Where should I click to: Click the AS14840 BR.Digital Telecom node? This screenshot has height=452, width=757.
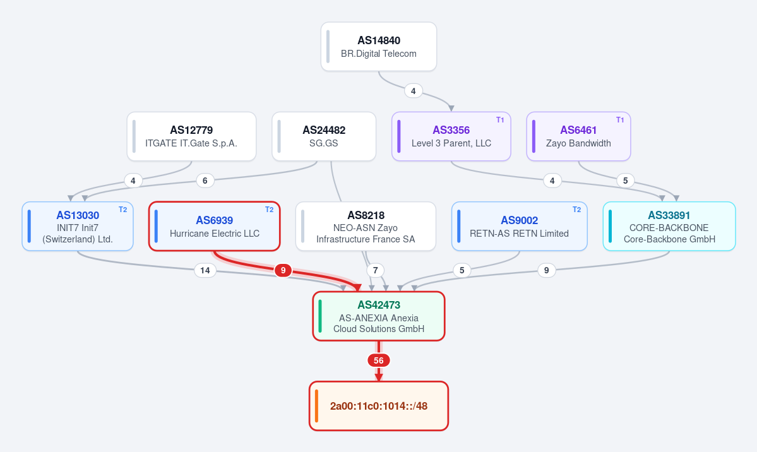tap(379, 47)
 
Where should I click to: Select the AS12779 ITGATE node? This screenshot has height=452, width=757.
tap(192, 136)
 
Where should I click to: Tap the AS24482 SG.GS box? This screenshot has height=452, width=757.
tap(324, 136)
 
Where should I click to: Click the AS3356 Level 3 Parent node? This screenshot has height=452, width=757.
tap(451, 136)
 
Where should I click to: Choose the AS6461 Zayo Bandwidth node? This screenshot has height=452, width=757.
tap(578, 136)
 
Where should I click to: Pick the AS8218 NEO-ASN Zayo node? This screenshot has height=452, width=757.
tap(366, 227)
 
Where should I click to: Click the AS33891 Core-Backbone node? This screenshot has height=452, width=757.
tap(669, 227)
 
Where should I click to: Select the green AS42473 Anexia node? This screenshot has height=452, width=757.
tap(379, 316)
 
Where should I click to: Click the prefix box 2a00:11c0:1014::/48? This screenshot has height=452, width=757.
tap(379, 406)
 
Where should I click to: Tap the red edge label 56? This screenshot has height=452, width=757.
tap(379, 360)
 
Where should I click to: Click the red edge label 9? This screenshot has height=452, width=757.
tap(283, 270)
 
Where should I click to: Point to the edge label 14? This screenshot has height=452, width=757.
tap(205, 270)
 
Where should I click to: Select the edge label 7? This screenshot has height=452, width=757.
tap(376, 270)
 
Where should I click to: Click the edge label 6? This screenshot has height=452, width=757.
tap(205, 181)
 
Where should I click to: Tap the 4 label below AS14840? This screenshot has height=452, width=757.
tap(414, 91)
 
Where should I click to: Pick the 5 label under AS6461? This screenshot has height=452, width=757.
tap(625, 181)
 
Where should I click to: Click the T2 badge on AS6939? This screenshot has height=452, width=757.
tap(270, 210)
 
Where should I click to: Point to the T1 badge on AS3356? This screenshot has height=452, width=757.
tap(500, 120)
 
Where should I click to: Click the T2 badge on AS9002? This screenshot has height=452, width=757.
tap(576, 210)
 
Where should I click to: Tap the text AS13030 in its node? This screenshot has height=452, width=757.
tap(78, 215)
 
